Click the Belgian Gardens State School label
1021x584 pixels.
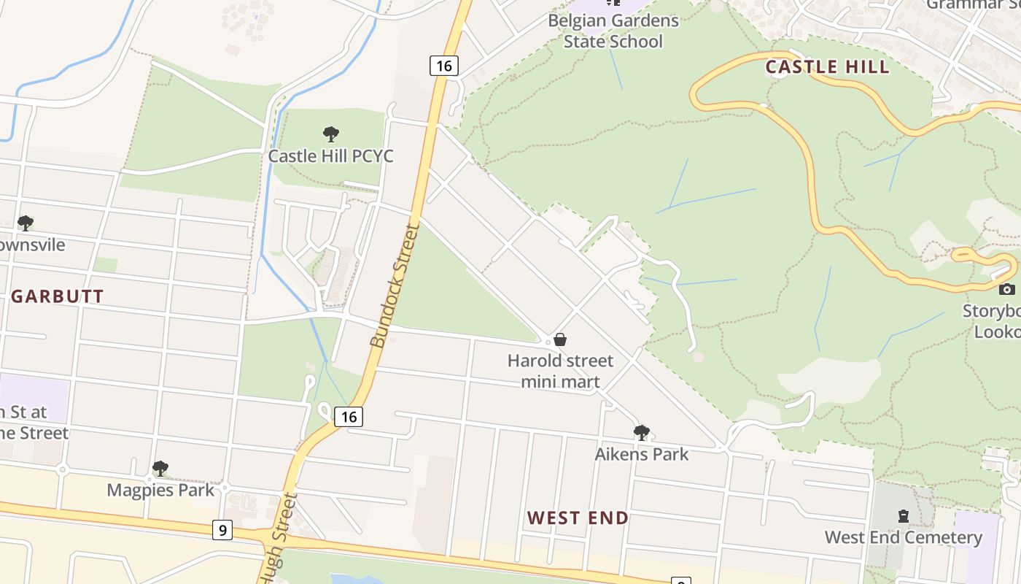click(613, 31)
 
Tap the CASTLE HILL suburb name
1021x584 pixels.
click(827, 67)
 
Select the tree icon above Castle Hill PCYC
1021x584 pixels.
click(330, 134)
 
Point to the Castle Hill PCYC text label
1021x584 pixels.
click(330, 156)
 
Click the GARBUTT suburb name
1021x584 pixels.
click(58, 296)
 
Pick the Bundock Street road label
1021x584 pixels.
click(395, 286)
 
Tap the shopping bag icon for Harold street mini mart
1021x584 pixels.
click(560, 339)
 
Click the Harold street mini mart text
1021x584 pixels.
click(561, 371)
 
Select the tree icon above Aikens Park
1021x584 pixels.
click(641, 433)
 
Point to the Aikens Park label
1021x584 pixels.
click(641, 454)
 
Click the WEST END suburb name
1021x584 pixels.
click(578, 518)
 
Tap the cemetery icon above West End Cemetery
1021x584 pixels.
click(904, 517)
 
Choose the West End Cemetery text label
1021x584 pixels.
click(903, 538)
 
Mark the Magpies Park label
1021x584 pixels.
click(160, 490)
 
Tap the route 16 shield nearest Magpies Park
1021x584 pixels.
click(349, 417)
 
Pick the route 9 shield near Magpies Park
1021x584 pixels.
click(222, 530)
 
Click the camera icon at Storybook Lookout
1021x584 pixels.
click(1006, 290)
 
